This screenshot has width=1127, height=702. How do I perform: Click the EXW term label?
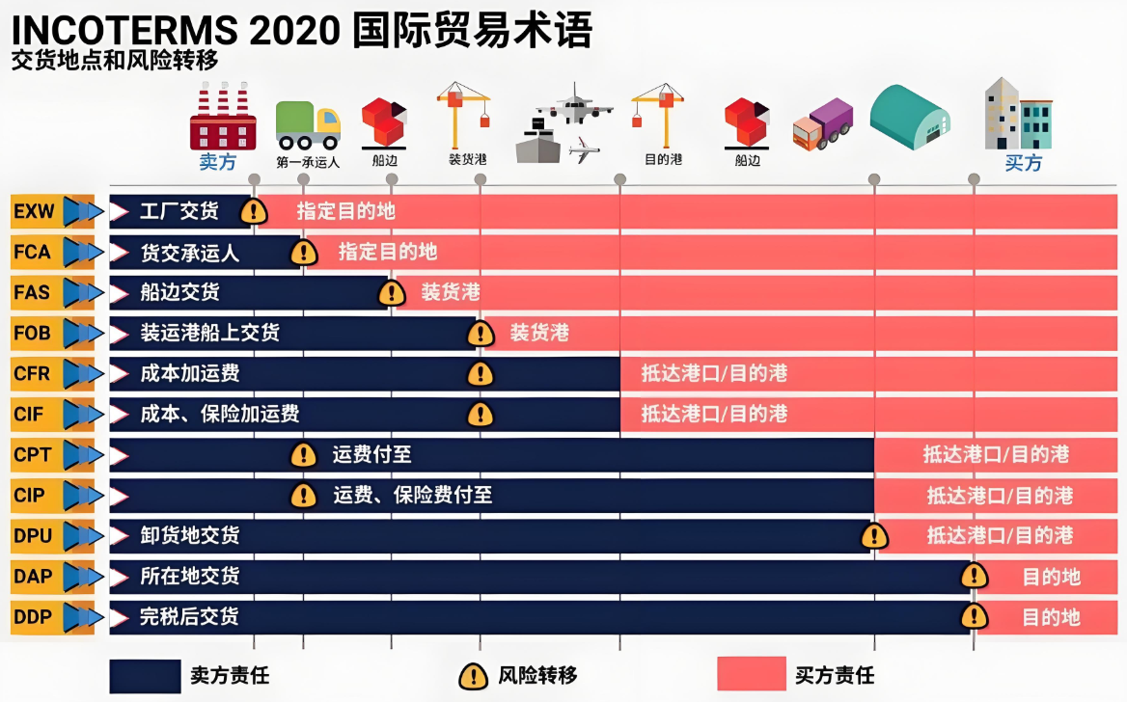coord(35,210)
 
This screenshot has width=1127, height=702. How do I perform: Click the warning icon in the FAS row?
coord(391,293)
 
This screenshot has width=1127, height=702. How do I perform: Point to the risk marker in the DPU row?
coord(874,536)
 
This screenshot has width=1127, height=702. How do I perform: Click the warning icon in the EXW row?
coord(254,211)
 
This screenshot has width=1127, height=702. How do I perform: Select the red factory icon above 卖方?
coord(222,117)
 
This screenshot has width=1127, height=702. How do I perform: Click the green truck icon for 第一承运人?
coord(308,125)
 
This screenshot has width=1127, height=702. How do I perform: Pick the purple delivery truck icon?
coord(823,123)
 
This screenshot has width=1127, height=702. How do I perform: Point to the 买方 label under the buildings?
coord(1023,163)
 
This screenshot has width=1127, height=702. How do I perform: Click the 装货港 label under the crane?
coord(467,158)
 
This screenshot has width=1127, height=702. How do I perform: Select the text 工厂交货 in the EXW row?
coord(179,211)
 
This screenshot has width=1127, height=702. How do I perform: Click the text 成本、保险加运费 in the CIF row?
coord(220,415)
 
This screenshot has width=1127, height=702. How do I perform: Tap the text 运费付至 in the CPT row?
coord(371,455)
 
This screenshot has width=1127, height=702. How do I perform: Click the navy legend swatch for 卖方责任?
coord(145,676)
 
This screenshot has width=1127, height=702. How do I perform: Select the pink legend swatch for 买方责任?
coord(752,674)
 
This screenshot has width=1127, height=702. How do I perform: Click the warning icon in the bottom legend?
coord(472,676)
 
